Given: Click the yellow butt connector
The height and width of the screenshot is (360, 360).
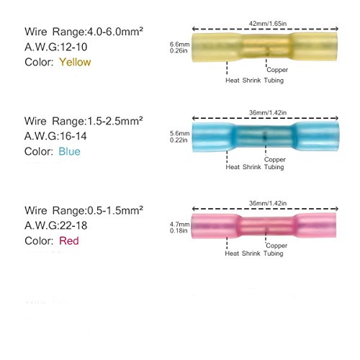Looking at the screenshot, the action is (264, 48).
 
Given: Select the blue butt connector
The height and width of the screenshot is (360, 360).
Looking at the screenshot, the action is (265, 137).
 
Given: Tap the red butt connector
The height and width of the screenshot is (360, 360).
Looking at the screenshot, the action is (264, 226).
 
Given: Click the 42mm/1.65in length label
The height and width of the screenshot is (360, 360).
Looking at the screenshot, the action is (268, 24).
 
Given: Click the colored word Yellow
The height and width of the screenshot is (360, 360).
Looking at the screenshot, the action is (75, 62).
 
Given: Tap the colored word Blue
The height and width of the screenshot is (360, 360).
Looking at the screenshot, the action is (69, 151).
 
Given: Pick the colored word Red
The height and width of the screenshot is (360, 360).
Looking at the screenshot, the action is (69, 240).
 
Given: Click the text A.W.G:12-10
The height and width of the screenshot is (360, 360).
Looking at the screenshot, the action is (56, 47).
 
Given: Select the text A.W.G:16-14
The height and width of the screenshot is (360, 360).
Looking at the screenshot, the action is (55, 136).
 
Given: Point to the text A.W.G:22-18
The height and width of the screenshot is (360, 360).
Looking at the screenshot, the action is (56, 225).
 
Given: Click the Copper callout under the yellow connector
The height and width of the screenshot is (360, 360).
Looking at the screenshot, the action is (277, 70).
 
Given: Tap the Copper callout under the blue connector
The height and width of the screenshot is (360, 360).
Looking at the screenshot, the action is (275, 160).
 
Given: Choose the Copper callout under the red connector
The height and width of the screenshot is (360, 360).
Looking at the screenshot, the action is (276, 246).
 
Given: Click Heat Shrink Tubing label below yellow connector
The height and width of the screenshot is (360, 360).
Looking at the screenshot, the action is (255, 81).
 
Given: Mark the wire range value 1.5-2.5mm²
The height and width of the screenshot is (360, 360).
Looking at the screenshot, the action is (115, 121).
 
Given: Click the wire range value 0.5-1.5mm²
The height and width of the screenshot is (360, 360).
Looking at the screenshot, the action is (115, 210).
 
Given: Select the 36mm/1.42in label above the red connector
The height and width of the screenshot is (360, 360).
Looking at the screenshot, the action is (268, 203).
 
